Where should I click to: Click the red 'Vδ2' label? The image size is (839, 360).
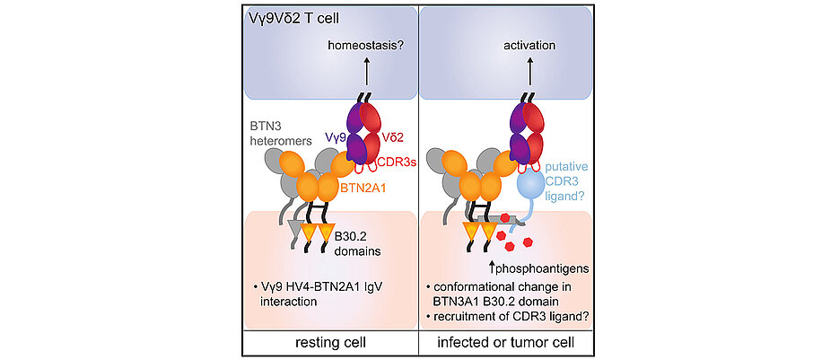395,140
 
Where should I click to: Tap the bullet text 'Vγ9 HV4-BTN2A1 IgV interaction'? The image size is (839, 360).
322,294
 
